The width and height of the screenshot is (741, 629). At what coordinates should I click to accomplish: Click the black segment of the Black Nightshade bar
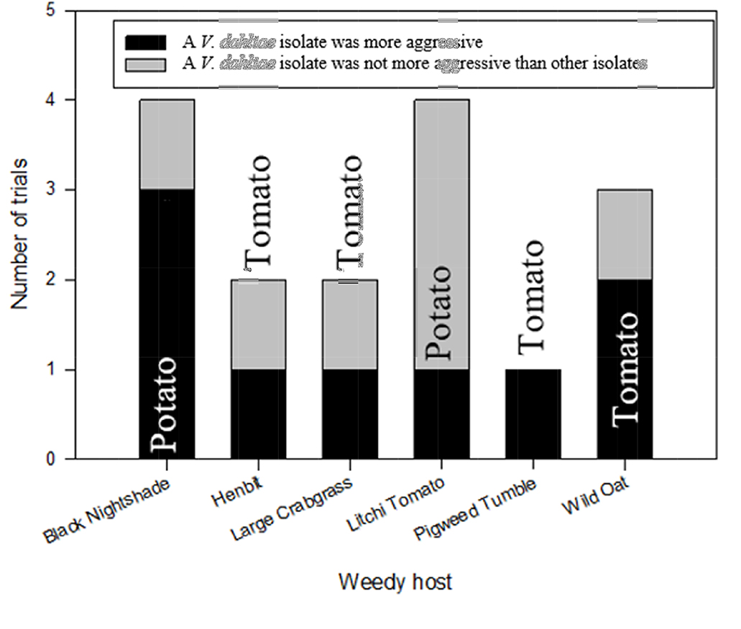click(x=166, y=287)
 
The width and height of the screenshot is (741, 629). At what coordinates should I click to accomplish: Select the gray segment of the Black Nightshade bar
click(x=166, y=144)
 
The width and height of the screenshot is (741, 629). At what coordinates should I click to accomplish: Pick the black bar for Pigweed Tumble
click(x=533, y=414)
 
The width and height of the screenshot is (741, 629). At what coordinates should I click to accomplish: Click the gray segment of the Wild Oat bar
click(x=625, y=235)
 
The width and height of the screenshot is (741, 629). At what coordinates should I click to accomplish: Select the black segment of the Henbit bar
click(x=258, y=414)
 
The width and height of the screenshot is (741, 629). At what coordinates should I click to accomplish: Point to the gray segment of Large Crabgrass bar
click(x=349, y=325)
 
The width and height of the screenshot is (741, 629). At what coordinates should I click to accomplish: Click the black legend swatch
click(x=146, y=42)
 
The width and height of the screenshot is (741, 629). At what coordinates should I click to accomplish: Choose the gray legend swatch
click(x=146, y=64)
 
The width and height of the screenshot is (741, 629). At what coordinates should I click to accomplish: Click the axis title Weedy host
click(x=395, y=581)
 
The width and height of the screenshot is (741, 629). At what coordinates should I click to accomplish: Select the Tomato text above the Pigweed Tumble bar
click(x=533, y=297)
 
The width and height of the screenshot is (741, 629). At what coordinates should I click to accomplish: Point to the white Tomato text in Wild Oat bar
click(x=625, y=368)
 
